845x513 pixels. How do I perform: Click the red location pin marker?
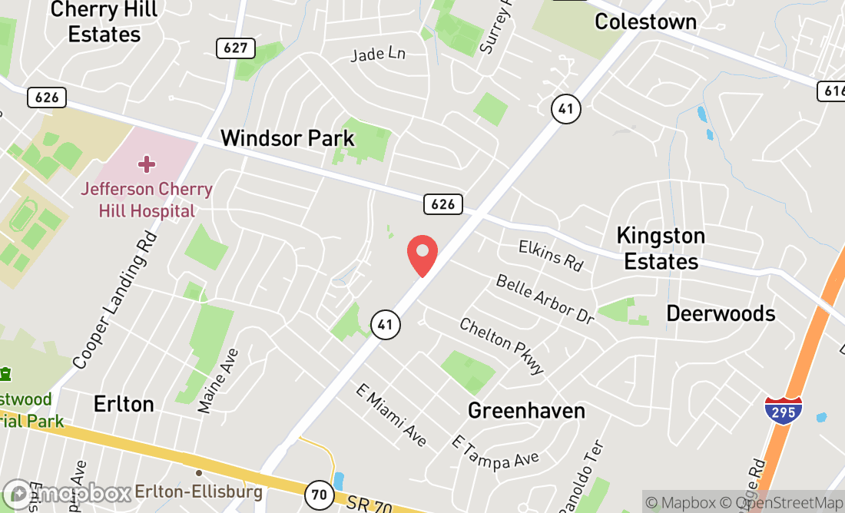(422, 254)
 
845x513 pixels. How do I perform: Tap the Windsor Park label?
(287, 138)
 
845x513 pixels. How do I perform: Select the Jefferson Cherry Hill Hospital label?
(147, 200)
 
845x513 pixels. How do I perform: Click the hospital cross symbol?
(147, 164)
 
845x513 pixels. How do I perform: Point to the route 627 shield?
(235, 48)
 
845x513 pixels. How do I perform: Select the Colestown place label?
(645, 22)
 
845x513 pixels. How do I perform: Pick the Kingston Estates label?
(661, 248)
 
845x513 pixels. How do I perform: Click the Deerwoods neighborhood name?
(721, 313)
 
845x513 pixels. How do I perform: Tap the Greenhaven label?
(526, 411)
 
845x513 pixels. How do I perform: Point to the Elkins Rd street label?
(551, 255)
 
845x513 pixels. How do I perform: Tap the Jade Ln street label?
(377, 55)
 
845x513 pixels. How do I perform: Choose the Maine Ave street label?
(218, 381)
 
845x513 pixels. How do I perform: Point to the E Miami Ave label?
(391, 415)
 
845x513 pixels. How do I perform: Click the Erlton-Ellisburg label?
(198, 491)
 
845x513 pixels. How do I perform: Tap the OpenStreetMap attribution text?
(787, 503)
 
